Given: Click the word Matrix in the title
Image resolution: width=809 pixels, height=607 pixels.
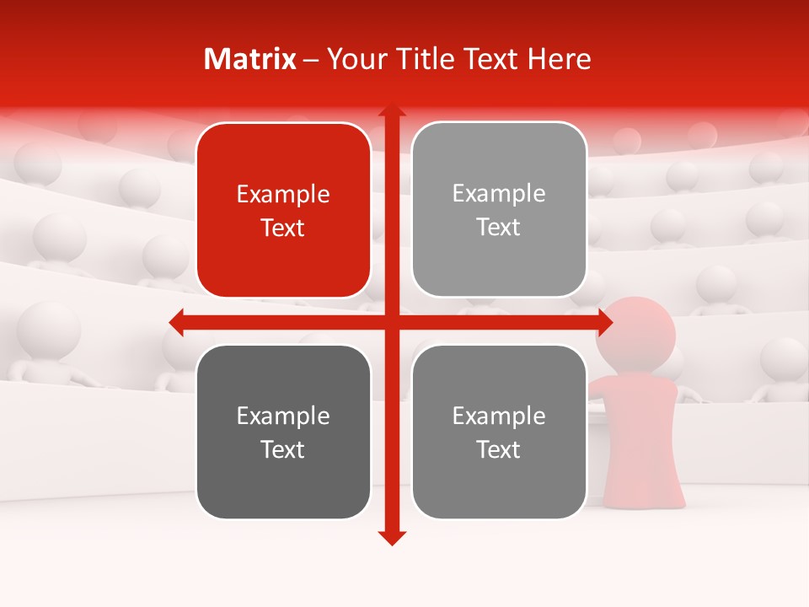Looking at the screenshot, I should [250, 59].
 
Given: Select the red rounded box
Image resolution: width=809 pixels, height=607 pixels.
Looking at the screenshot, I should [283, 211].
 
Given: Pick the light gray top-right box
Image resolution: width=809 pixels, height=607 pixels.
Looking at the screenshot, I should [499, 210].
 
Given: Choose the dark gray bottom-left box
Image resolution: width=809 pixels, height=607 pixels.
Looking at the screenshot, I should [283, 432].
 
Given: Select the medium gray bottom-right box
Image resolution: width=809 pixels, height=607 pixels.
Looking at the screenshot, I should [499, 432].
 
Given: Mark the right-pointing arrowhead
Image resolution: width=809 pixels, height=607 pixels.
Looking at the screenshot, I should [604, 322].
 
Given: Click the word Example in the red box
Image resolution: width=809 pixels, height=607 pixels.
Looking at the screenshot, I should [283, 195].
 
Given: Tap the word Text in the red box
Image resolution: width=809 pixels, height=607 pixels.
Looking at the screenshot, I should [283, 228].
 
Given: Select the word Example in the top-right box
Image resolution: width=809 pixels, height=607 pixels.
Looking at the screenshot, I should [499, 194].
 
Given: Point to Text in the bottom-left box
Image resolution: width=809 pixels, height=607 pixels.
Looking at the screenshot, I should [283, 449].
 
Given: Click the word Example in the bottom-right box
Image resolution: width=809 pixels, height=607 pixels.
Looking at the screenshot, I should [499, 416].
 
